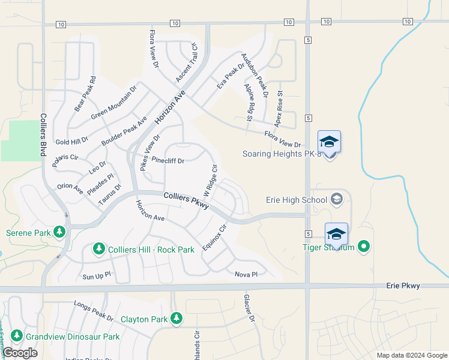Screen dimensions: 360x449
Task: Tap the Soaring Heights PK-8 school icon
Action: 329,142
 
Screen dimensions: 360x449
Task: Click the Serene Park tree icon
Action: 59,232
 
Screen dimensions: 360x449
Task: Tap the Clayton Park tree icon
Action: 176,318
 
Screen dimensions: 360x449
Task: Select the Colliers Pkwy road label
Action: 186,200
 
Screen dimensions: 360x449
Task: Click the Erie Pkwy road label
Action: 403,286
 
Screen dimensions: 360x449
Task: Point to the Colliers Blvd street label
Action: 44,135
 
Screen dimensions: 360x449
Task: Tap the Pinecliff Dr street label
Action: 167,160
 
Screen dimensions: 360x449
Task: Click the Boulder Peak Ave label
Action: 124,130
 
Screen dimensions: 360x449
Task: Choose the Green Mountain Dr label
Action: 114,102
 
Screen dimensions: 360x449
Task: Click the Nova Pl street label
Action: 246,274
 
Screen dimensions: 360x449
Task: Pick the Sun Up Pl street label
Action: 97,276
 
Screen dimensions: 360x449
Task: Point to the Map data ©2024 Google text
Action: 412,355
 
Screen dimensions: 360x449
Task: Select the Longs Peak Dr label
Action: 93,311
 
